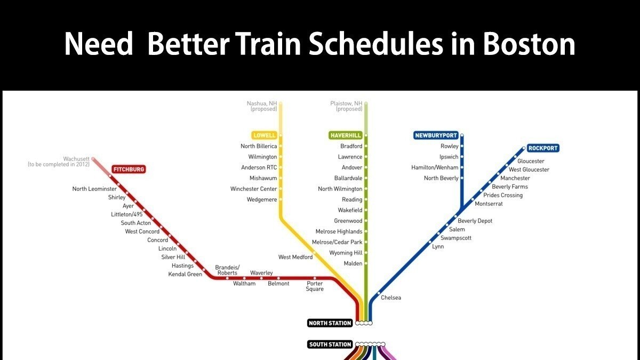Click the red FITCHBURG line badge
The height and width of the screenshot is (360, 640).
129,170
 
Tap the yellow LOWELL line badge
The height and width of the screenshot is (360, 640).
265,135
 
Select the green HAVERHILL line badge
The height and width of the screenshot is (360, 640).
346,135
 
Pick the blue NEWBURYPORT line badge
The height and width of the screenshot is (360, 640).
436,135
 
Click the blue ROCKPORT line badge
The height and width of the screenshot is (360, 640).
543,148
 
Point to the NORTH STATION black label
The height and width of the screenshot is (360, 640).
330,323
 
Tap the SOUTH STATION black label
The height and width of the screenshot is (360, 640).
330,345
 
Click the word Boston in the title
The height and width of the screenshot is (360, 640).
529,45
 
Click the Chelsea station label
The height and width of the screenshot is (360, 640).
391,298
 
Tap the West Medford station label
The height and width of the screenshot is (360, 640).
295,257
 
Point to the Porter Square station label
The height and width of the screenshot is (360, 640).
315,286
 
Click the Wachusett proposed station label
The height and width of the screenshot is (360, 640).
59,162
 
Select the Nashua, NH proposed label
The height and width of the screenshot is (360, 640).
262,106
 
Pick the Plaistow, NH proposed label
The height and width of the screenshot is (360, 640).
347,106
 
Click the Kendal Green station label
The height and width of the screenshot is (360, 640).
185,274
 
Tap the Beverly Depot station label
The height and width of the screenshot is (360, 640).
475,221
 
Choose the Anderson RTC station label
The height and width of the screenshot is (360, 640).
259,167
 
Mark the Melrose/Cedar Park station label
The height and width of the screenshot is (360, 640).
337,242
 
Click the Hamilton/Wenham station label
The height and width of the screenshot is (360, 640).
435,167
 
